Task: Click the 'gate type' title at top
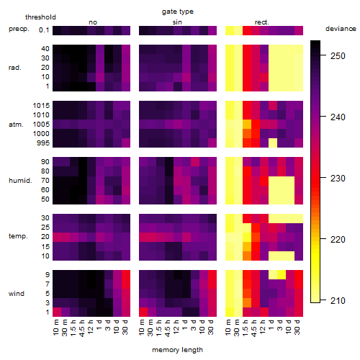pyautogui.click(x=178, y=12)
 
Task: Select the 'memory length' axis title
pyautogui.click(x=177, y=350)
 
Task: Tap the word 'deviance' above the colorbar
pyautogui.click(x=341, y=29)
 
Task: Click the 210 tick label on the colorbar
pyautogui.click(x=338, y=300)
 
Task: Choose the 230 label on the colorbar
pyautogui.click(x=338, y=179)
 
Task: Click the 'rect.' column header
pyautogui.click(x=262, y=22)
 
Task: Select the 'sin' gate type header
pyautogui.click(x=177, y=22)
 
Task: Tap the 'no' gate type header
pyautogui.click(x=93, y=22)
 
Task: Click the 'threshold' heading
pyautogui.click(x=40, y=17)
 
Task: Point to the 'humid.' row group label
pyautogui.click(x=20, y=181)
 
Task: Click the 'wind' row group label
pyautogui.click(x=17, y=294)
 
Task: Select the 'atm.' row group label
pyautogui.click(x=16, y=125)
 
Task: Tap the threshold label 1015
pyautogui.click(x=41, y=106)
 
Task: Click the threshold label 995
pyautogui.click(x=43, y=143)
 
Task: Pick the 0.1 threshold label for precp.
pyautogui.click(x=44, y=30)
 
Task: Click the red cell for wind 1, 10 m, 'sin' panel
pyautogui.click(x=143, y=312)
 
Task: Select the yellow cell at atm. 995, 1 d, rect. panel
pyautogui.click(x=273, y=143)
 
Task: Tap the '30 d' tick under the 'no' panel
pyautogui.click(x=125, y=327)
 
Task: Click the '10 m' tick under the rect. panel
pyautogui.click(x=229, y=327)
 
